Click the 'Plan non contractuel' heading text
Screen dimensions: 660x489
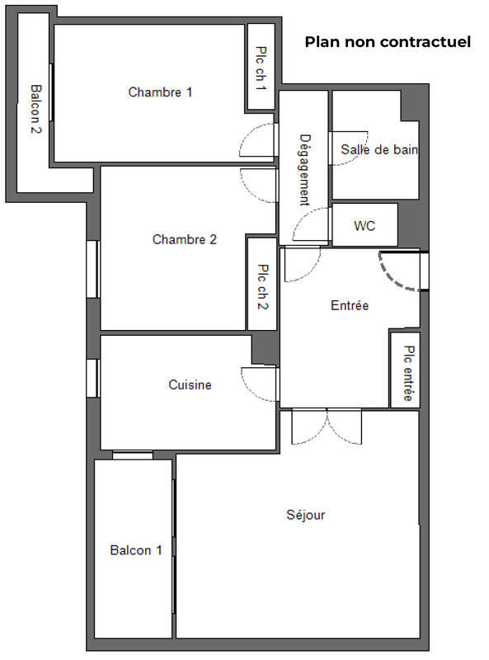(x=388, y=42)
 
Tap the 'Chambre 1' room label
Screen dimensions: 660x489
(x=160, y=92)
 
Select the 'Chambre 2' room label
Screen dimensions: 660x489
(x=184, y=240)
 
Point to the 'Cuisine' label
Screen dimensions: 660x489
(x=190, y=385)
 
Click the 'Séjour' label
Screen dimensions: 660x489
(x=305, y=516)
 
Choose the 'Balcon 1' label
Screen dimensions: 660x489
(x=136, y=550)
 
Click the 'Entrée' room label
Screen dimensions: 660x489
(x=349, y=305)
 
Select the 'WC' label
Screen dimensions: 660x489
(x=364, y=225)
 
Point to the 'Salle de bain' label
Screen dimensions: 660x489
(x=379, y=150)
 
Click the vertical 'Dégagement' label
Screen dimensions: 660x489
(x=304, y=169)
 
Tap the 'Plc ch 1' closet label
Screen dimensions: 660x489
(x=261, y=67)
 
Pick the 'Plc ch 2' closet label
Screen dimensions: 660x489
(x=262, y=285)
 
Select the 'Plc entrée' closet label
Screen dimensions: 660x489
(x=407, y=374)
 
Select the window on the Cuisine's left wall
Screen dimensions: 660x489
(x=93, y=378)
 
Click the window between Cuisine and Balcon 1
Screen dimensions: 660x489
(x=133, y=455)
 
